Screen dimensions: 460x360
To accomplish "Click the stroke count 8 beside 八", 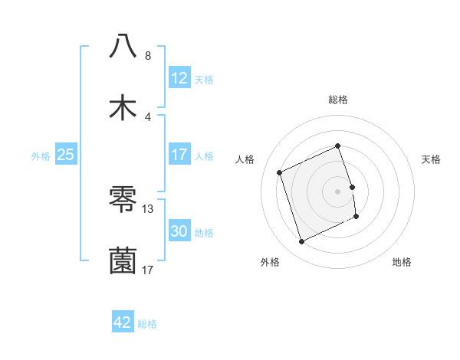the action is tap(148, 55).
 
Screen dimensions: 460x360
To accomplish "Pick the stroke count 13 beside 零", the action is tap(148, 208).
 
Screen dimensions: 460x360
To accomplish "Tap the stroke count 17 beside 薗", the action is tap(148, 270).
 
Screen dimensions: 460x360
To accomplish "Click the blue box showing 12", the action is tap(179, 78).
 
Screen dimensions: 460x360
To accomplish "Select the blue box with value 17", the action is tap(179, 155).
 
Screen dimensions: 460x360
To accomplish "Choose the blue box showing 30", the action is tap(179, 231).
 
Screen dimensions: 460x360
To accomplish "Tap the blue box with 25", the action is tap(66, 155).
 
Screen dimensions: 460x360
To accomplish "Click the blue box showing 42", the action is tap(123, 322).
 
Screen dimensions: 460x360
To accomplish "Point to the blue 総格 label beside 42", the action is tap(148, 324).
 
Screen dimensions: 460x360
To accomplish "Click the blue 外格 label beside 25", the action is tap(41, 155).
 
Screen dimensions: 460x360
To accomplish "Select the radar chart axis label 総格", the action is tap(338, 100).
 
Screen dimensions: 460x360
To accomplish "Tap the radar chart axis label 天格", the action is tap(432, 159).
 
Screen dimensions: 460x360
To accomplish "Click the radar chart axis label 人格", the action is tap(245, 159).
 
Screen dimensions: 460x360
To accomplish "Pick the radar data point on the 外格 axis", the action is tap(301, 242).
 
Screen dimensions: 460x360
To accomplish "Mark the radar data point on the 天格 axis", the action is tap(352, 187).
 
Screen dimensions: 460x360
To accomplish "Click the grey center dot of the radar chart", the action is tap(338, 191).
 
